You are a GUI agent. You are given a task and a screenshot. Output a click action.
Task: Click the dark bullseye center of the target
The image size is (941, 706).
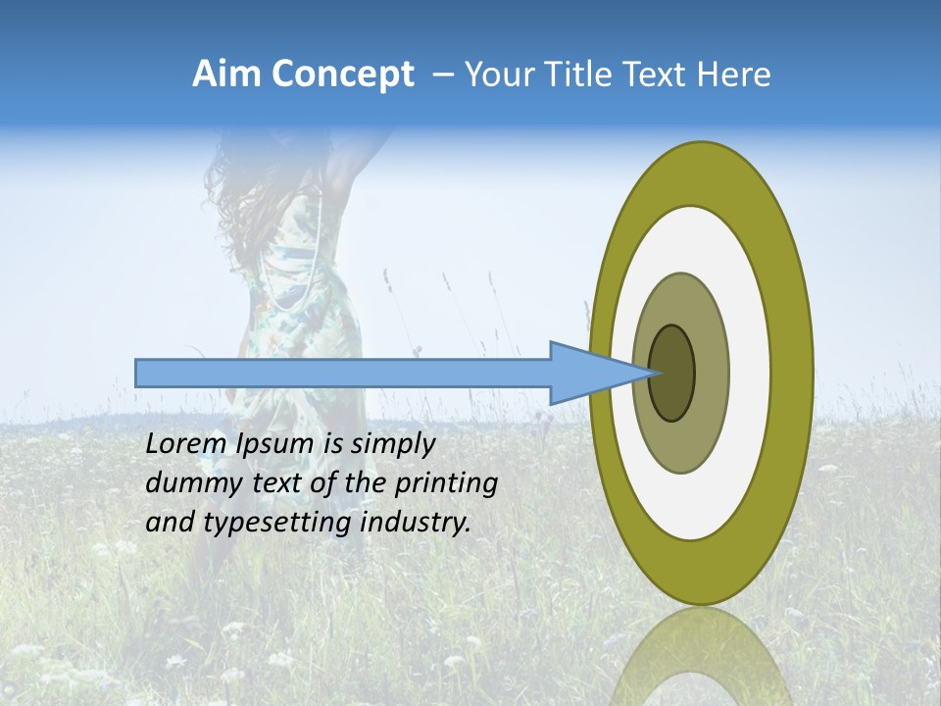pos(672,374)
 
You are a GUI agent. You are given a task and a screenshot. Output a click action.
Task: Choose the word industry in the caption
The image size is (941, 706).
pos(416,523)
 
